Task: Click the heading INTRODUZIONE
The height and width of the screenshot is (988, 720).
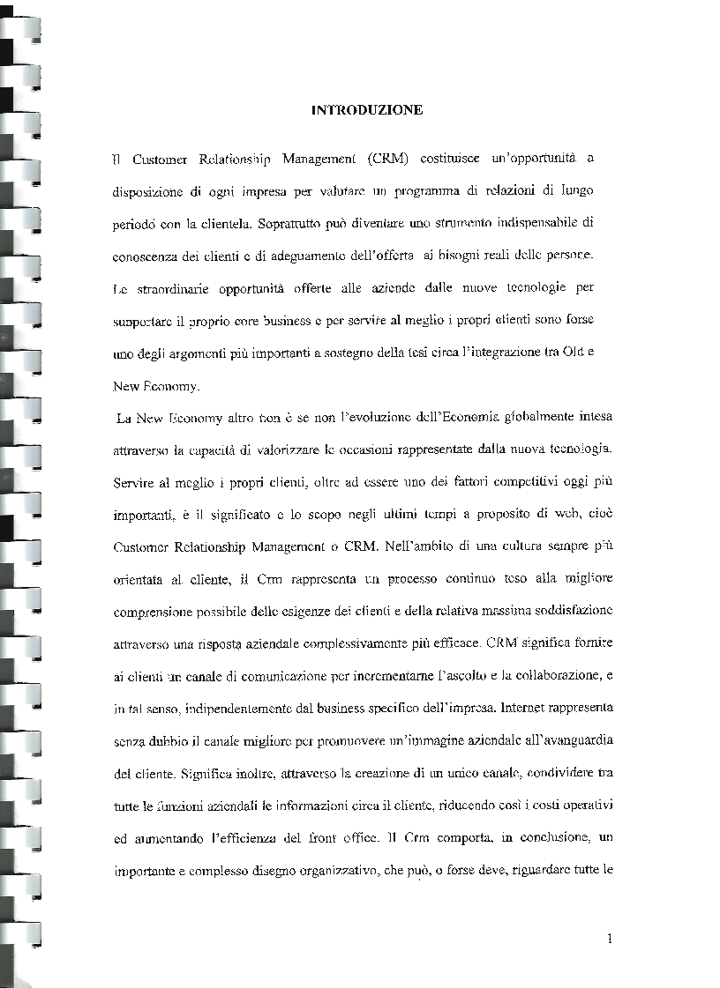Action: click(367, 110)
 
